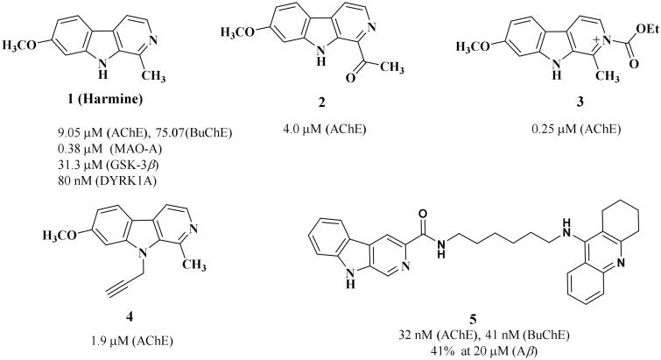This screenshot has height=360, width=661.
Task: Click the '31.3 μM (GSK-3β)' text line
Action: [x=104, y=159]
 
